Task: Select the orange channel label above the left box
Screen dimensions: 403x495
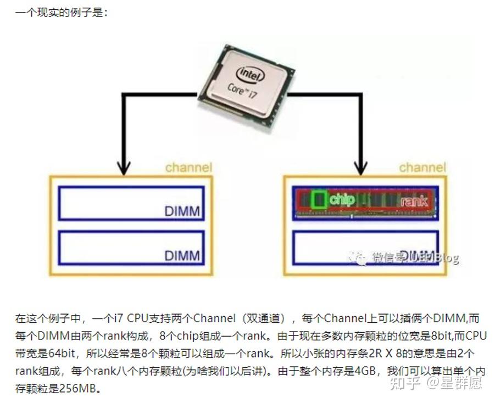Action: pos(188,167)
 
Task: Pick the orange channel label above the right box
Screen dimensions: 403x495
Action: pos(422,167)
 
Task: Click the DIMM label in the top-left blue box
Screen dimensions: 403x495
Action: pos(182,211)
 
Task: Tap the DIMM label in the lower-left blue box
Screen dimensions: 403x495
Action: pos(182,255)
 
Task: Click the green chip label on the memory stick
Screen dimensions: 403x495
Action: pos(342,199)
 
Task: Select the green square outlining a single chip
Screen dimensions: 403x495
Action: pos(318,200)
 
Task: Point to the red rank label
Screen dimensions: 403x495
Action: pos(414,201)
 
